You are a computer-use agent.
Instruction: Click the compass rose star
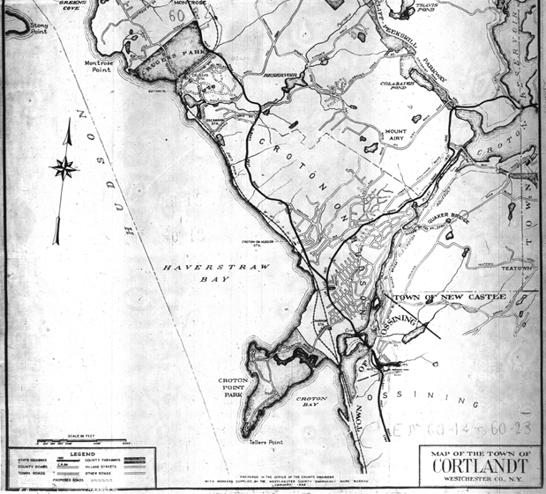64,167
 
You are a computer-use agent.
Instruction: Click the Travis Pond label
426,10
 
